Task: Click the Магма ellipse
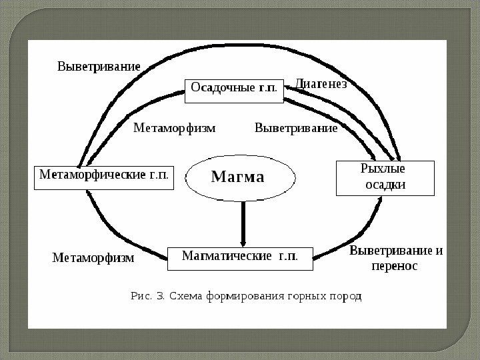pos(238,177)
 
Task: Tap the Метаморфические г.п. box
pos(103,177)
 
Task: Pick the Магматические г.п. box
pos(239,257)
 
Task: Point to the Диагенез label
pos(321,85)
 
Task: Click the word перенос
pos(394,266)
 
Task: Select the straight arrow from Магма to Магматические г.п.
pos(242,223)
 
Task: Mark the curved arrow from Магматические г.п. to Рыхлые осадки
pos(353,233)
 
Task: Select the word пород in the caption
pos(347,296)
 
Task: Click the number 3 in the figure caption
pos(159,296)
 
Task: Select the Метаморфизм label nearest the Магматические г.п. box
pos(93,257)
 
